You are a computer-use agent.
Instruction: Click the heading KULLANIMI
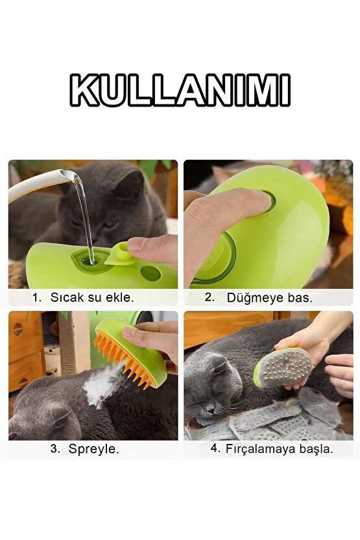[x=180, y=90]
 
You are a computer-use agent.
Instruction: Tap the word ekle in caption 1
[x=119, y=297]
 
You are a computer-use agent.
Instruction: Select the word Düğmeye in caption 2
[x=255, y=298]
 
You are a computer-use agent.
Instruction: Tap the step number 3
[x=55, y=448]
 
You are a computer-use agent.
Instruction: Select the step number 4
[x=215, y=448]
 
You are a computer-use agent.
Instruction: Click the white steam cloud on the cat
[x=102, y=385]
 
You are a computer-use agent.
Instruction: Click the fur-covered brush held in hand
[x=284, y=367]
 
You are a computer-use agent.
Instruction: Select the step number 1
[x=36, y=297]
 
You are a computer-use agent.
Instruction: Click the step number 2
[x=210, y=297]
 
